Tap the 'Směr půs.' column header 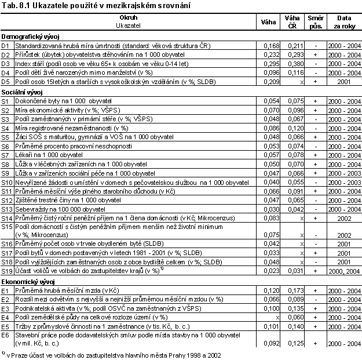(x=316, y=22)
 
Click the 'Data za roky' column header (x=342, y=22)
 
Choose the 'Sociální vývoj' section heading (x=24, y=92)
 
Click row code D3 (x=6, y=64)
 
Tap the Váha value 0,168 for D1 (x=272, y=45)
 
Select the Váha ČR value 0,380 (x=295, y=64)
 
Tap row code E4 (x=6, y=317)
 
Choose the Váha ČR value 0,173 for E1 (x=295, y=290)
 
